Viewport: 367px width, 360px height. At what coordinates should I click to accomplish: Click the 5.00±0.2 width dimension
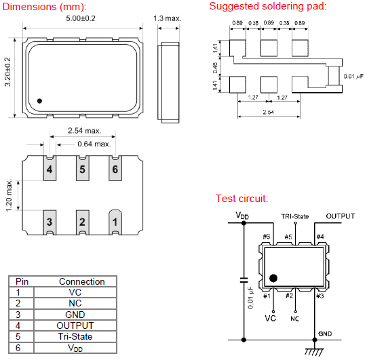(81, 18)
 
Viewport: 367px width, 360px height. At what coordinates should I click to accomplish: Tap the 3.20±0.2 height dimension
(7, 72)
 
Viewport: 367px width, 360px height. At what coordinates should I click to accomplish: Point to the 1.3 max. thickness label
(168, 18)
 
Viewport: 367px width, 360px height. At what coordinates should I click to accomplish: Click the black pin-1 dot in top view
(39, 101)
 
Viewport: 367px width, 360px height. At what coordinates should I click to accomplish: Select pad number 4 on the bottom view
(50, 168)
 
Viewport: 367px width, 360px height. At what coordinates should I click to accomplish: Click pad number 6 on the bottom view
(115, 168)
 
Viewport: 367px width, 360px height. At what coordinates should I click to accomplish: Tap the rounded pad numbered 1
(115, 222)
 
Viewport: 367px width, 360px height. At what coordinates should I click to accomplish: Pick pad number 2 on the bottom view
(82, 222)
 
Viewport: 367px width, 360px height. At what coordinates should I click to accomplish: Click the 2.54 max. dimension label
(85, 131)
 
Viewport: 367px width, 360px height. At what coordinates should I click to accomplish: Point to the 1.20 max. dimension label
(9, 195)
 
